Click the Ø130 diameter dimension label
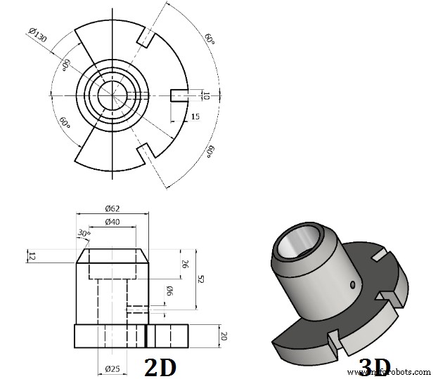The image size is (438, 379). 38,35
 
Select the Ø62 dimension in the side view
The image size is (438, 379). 113,208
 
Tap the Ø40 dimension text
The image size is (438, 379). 112,222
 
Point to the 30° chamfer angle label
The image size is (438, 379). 84,233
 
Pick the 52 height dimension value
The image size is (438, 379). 200,279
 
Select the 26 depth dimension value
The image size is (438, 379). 185,265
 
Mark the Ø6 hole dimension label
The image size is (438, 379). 169,291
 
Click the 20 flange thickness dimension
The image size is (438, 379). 223,335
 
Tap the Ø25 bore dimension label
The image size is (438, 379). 113,368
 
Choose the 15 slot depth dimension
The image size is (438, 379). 195,117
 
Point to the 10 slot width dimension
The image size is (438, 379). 205,95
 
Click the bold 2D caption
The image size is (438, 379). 160,366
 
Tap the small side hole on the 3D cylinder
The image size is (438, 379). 352,284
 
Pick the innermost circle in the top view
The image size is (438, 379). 112,95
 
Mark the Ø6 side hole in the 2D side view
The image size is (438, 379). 136,307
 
